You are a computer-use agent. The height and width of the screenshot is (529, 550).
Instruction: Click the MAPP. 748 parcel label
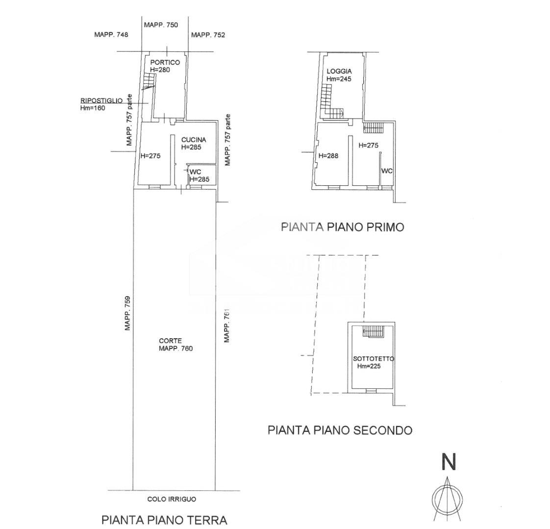point(111,35)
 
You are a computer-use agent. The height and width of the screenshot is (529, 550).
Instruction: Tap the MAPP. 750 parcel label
point(161,25)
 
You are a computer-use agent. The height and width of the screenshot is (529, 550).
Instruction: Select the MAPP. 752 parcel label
point(208,35)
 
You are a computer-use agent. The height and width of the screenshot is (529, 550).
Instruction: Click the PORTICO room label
point(165,63)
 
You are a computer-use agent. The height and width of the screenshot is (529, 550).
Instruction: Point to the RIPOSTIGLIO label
point(101,101)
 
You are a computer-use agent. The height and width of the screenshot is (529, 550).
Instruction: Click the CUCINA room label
point(193,140)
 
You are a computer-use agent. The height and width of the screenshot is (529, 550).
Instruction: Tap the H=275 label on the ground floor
point(150,156)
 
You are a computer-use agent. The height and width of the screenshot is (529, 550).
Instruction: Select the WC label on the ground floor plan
point(195,172)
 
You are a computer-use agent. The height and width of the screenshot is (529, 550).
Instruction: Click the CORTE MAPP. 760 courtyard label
point(176,345)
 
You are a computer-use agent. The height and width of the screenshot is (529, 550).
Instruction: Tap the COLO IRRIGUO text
point(172,499)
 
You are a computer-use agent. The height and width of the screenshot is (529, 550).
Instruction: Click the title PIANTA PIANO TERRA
point(164,520)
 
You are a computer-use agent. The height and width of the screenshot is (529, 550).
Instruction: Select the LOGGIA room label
point(339,71)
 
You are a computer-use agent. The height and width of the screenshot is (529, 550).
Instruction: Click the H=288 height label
point(328,156)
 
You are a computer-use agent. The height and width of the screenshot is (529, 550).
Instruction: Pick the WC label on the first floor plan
point(387,171)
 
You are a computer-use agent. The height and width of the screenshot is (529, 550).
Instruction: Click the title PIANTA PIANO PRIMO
point(342,227)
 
